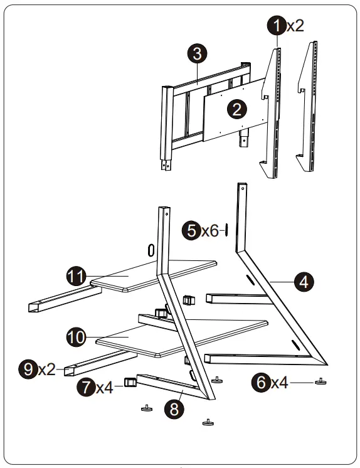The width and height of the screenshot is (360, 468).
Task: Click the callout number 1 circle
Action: click(x=276, y=25)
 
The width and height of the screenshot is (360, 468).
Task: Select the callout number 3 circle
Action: click(x=197, y=55)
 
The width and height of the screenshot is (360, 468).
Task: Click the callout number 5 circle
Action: click(x=191, y=230)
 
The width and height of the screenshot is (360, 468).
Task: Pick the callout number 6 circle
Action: click(x=262, y=381)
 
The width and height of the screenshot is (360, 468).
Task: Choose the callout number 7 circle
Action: click(x=87, y=387)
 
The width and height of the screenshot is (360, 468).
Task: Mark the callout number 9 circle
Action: click(x=28, y=369)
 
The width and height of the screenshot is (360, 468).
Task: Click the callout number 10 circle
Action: click(x=76, y=336)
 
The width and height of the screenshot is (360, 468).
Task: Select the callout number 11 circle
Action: click(x=76, y=276)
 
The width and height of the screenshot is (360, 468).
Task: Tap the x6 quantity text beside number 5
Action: click(x=209, y=231)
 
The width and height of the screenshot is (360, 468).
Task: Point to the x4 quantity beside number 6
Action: click(x=280, y=382)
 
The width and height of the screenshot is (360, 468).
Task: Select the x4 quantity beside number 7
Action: click(x=105, y=388)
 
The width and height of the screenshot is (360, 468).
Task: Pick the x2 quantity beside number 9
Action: click(x=46, y=370)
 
